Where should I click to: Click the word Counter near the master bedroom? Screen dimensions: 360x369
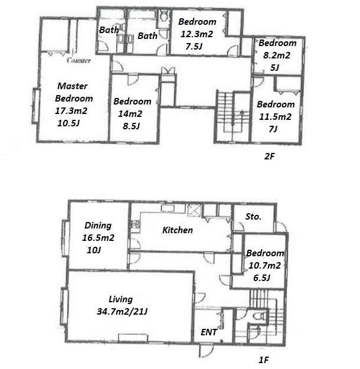(x=78, y=60)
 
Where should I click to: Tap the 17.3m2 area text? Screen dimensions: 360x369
(x=71, y=110)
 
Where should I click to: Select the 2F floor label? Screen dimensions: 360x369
(x=270, y=156)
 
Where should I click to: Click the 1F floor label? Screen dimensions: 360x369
(x=264, y=360)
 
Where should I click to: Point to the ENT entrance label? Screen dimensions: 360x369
(x=209, y=332)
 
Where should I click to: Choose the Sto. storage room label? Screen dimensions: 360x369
(x=253, y=217)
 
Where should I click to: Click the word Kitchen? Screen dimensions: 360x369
(x=178, y=230)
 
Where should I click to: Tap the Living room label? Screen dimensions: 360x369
(x=121, y=299)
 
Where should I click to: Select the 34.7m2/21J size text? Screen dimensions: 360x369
(x=122, y=312)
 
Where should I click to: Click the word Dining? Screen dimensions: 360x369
(x=98, y=226)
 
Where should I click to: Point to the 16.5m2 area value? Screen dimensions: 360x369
(x=98, y=238)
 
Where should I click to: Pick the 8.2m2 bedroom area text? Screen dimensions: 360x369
(x=277, y=55)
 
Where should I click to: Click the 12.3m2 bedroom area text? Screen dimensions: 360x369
(x=197, y=34)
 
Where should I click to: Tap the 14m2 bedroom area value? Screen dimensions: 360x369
(x=130, y=114)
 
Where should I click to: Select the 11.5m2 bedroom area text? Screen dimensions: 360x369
(x=275, y=117)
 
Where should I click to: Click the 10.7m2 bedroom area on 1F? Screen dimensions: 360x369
(x=265, y=266)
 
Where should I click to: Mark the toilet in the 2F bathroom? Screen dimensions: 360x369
(x=163, y=16)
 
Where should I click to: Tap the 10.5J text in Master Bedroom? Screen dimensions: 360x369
(x=68, y=123)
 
